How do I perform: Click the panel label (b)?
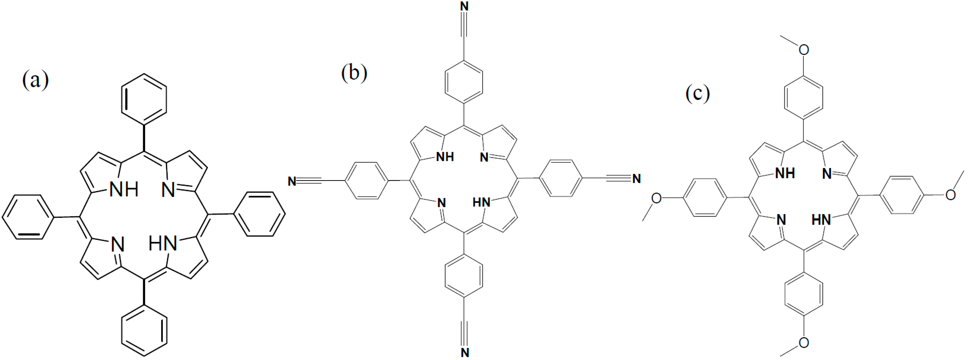[354, 73]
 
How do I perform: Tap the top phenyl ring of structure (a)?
[144, 98]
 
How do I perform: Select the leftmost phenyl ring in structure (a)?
[27, 217]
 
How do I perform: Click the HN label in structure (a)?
[162, 245]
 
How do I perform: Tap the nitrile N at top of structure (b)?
[464, 6]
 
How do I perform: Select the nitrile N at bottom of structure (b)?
[465, 352]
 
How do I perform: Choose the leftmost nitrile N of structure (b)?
[292, 182]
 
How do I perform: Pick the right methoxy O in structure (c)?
[951, 194]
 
